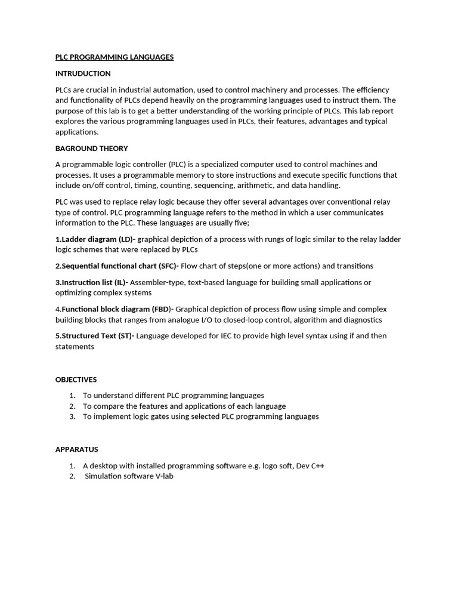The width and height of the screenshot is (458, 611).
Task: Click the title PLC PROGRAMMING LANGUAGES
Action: pos(114,57)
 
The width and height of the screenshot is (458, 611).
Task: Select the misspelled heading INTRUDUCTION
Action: pos(83,73)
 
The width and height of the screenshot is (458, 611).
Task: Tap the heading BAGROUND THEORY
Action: pos(92,149)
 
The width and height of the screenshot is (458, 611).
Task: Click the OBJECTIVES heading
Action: pos(76,379)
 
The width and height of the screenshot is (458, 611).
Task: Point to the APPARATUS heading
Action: pos(77,449)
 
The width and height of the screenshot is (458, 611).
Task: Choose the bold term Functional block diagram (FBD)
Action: pos(116,309)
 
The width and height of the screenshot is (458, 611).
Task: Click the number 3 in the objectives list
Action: pos(72,416)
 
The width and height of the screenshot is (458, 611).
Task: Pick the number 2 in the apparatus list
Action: pos(72,476)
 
